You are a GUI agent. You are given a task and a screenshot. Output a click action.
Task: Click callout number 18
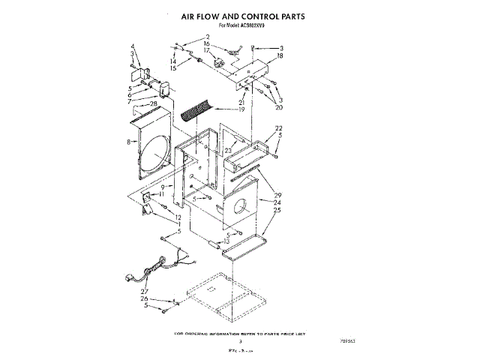tap(279, 55)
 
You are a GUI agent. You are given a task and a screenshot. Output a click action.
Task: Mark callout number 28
tap(153, 103)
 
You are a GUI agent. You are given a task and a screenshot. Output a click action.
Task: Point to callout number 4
tap(132, 46)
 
